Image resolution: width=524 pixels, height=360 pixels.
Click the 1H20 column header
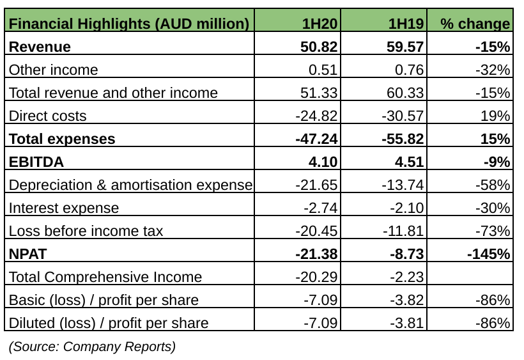320,24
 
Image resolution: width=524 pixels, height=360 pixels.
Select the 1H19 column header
406,24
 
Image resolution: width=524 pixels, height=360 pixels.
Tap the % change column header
475,24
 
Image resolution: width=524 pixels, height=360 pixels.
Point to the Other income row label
54,70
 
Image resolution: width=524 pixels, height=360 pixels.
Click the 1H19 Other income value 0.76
410,70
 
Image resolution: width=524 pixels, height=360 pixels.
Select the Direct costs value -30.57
403,116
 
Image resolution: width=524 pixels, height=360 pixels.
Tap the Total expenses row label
62,139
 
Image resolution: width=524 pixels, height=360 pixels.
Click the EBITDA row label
36,162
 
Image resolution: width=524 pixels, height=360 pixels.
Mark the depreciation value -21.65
316,185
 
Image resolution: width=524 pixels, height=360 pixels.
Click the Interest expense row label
64,208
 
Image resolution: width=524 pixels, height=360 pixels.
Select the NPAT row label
29,254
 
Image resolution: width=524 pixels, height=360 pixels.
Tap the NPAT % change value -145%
489,254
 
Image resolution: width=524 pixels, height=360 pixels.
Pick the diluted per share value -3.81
406,323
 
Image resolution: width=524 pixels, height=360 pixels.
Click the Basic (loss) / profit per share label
104,300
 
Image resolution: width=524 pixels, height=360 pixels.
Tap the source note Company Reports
92,347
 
